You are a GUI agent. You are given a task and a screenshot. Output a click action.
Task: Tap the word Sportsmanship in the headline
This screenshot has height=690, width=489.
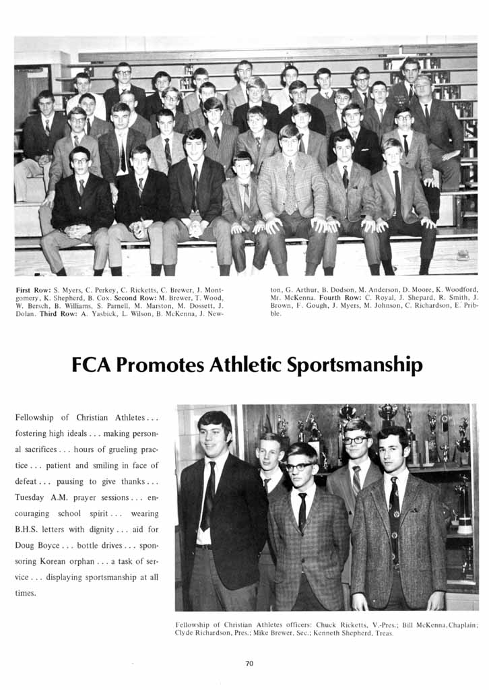(355, 365)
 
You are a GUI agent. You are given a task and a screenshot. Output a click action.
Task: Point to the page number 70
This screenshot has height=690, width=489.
(249, 664)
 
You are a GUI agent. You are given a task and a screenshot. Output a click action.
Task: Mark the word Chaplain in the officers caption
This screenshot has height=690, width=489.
(462, 625)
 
